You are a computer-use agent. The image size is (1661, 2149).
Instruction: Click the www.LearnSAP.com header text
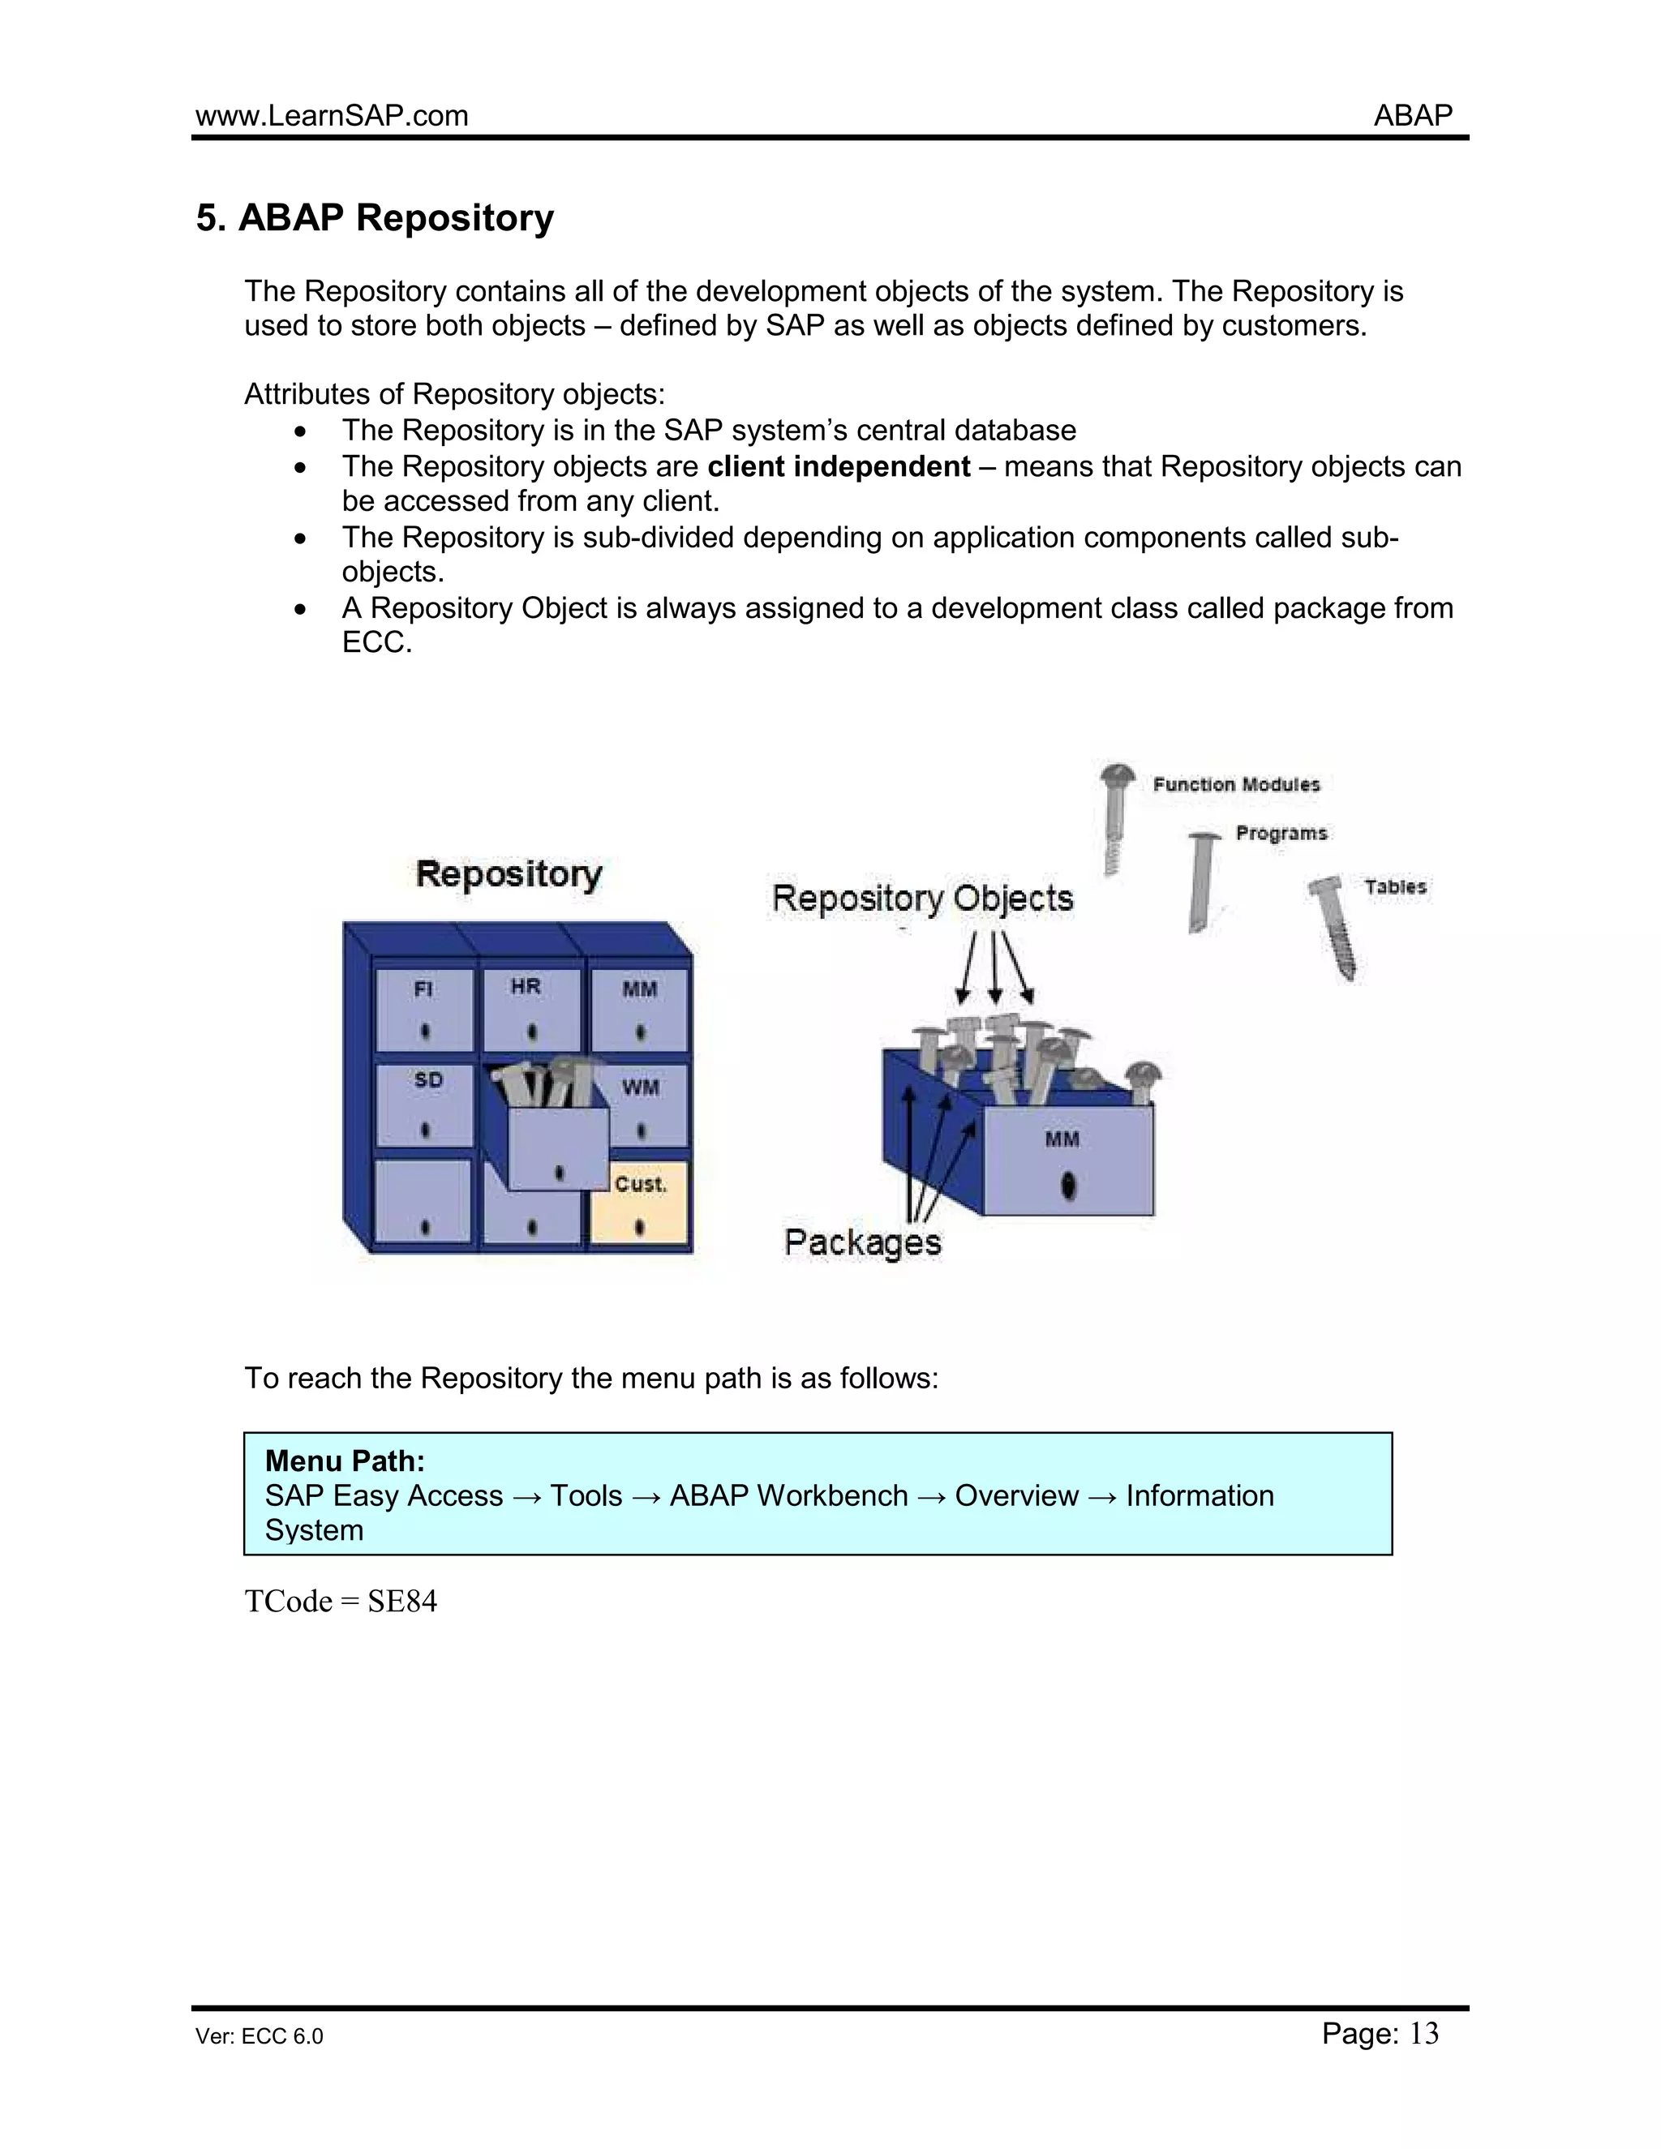click(x=332, y=116)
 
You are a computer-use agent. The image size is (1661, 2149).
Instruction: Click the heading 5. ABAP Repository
click(x=375, y=217)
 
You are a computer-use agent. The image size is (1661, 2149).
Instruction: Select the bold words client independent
click(x=839, y=466)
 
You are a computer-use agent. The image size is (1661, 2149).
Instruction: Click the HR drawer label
click(x=526, y=986)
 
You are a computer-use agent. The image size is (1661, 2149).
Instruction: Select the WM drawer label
click(x=640, y=1087)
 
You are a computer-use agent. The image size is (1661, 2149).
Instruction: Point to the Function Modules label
click(x=1236, y=784)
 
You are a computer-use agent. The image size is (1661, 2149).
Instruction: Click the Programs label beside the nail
click(x=1281, y=834)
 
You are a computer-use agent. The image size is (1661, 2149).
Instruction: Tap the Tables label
click(x=1394, y=886)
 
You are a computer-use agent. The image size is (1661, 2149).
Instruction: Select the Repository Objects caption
click(x=922, y=899)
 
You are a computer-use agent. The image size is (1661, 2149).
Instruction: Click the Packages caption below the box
click(x=862, y=1242)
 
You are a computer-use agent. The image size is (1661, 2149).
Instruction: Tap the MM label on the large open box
click(x=1062, y=1139)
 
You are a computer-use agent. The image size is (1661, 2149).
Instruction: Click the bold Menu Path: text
click(x=345, y=1461)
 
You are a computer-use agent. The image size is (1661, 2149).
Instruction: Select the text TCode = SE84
click(x=341, y=1602)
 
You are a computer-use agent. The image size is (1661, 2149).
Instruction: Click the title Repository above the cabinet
click(x=508, y=873)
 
